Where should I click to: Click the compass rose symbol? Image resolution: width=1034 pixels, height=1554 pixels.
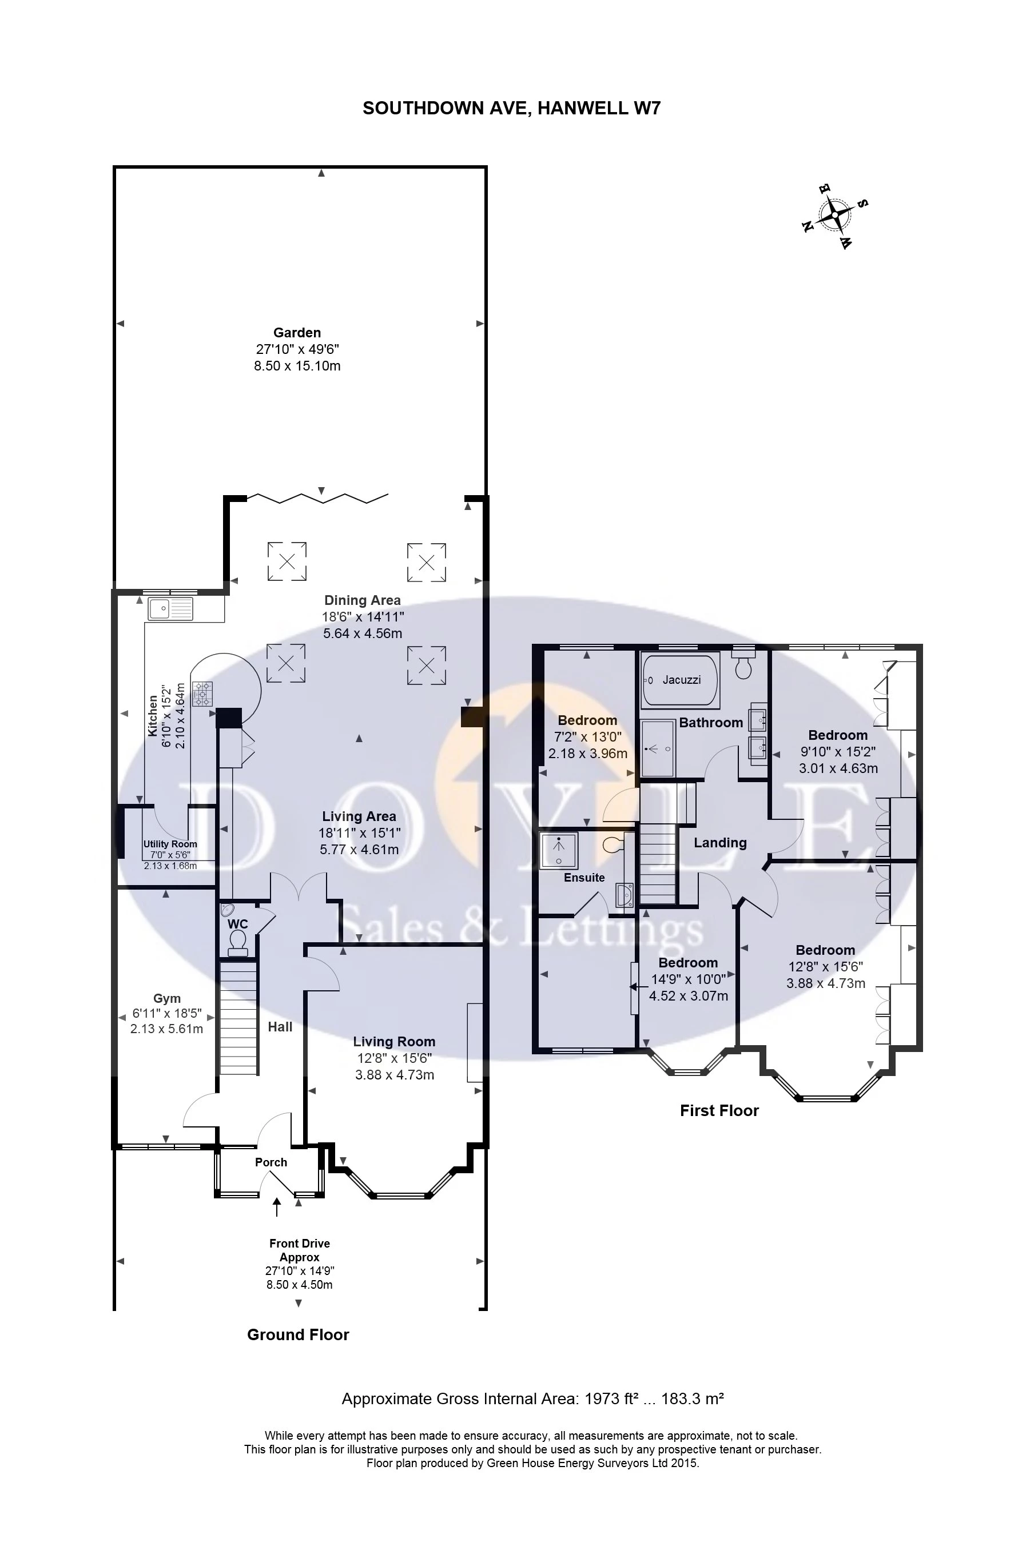click(x=835, y=215)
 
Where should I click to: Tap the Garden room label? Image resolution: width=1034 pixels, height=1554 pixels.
click(x=297, y=333)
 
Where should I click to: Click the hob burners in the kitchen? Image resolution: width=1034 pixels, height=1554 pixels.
click(x=203, y=693)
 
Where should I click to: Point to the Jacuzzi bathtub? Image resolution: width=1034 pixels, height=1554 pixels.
click(x=681, y=680)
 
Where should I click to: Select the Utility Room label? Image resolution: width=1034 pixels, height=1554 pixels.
click(x=170, y=844)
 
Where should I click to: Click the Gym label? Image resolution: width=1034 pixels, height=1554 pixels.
click(x=166, y=999)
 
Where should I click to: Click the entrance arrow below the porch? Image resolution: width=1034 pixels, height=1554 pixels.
click(x=277, y=1207)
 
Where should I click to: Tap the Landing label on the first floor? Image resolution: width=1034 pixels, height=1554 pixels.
click(x=720, y=843)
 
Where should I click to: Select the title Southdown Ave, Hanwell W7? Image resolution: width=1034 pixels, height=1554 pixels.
click(x=512, y=108)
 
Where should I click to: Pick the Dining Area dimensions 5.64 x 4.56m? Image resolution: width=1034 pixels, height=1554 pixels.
click(x=362, y=633)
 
